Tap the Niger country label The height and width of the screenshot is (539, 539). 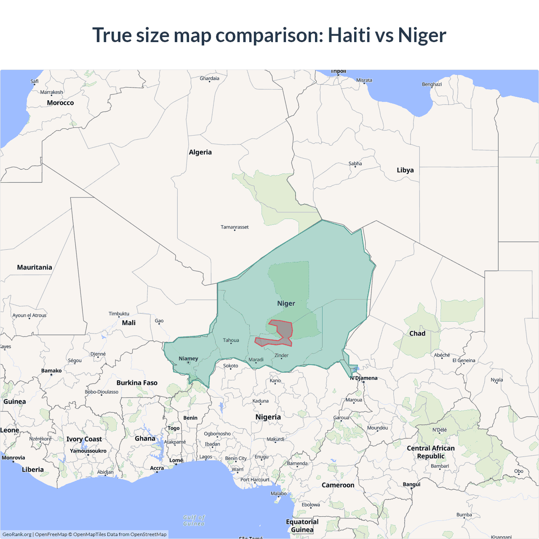click(286, 304)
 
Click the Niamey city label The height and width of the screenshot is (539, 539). click(188, 359)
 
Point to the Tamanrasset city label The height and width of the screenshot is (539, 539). click(235, 227)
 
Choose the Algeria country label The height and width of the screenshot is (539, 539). click(200, 152)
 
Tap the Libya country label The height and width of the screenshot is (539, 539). click(405, 170)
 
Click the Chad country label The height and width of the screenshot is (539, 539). click(417, 334)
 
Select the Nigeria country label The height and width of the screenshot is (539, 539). click(268, 417)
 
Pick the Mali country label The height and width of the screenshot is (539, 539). click(128, 323)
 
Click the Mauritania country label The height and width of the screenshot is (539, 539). click(35, 267)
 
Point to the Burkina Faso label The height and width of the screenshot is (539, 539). click(137, 383)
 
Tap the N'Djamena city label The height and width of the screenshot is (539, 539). click(364, 378)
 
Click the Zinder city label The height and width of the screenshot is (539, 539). click(281, 355)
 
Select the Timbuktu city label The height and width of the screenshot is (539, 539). click(119, 314)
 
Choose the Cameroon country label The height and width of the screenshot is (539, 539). click(338, 485)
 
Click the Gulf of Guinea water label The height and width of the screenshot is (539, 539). click(194, 520)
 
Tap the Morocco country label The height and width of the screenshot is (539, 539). click(60, 103)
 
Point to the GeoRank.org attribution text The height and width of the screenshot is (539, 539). click(17, 534)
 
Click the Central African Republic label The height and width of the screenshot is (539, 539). click(430, 452)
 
